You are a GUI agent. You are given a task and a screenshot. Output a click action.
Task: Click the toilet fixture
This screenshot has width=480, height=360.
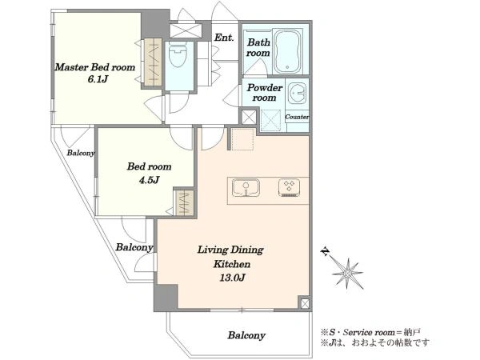pyautogui.click(x=178, y=54)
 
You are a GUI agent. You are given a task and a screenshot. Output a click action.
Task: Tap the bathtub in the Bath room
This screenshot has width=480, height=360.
pyautogui.click(x=287, y=51)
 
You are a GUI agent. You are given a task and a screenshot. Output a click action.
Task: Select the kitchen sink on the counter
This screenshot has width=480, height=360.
pyautogui.click(x=246, y=188)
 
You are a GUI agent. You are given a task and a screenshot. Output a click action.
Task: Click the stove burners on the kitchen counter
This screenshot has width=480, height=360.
pyautogui.click(x=289, y=187)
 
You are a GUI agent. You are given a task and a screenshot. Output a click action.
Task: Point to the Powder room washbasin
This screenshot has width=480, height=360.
pyautogui.click(x=297, y=93)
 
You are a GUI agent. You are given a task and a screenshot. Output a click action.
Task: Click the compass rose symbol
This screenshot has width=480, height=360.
pyautogui.click(x=348, y=273)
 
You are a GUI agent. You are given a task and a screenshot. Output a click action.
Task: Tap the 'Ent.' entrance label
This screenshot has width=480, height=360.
pyautogui.click(x=224, y=38)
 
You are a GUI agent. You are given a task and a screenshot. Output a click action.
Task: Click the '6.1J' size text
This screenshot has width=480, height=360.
pyautogui.click(x=98, y=79)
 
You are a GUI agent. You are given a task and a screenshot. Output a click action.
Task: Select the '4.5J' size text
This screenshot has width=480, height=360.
pyautogui.click(x=149, y=180)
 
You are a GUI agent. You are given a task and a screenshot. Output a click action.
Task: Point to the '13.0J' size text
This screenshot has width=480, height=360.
pyautogui.click(x=232, y=278)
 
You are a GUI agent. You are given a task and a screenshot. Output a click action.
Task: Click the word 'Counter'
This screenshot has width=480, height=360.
pyautogui.click(x=297, y=117)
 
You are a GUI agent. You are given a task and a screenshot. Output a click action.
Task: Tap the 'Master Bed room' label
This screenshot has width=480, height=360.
pyautogui.click(x=95, y=67)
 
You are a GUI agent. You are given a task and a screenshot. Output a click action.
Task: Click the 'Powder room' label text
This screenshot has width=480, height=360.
pyautogui.click(x=265, y=93)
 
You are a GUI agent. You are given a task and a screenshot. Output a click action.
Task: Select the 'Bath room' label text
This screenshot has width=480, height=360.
pyautogui.click(x=258, y=47)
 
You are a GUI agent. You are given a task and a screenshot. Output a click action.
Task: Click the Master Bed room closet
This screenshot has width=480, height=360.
pyautogui.click(x=153, y=62)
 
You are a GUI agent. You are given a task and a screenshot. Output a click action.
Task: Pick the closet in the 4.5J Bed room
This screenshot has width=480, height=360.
pyautogui.click(x=184, y=203)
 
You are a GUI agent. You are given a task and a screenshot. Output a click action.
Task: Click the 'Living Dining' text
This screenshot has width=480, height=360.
pyautogui.click(x=230, y=250)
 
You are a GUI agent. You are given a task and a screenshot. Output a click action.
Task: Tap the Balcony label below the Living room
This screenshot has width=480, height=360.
pyautogui.click(x=246, y=335)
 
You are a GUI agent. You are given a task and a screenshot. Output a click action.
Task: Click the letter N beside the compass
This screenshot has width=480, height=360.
pyautogui.click(x=325, y=252)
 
